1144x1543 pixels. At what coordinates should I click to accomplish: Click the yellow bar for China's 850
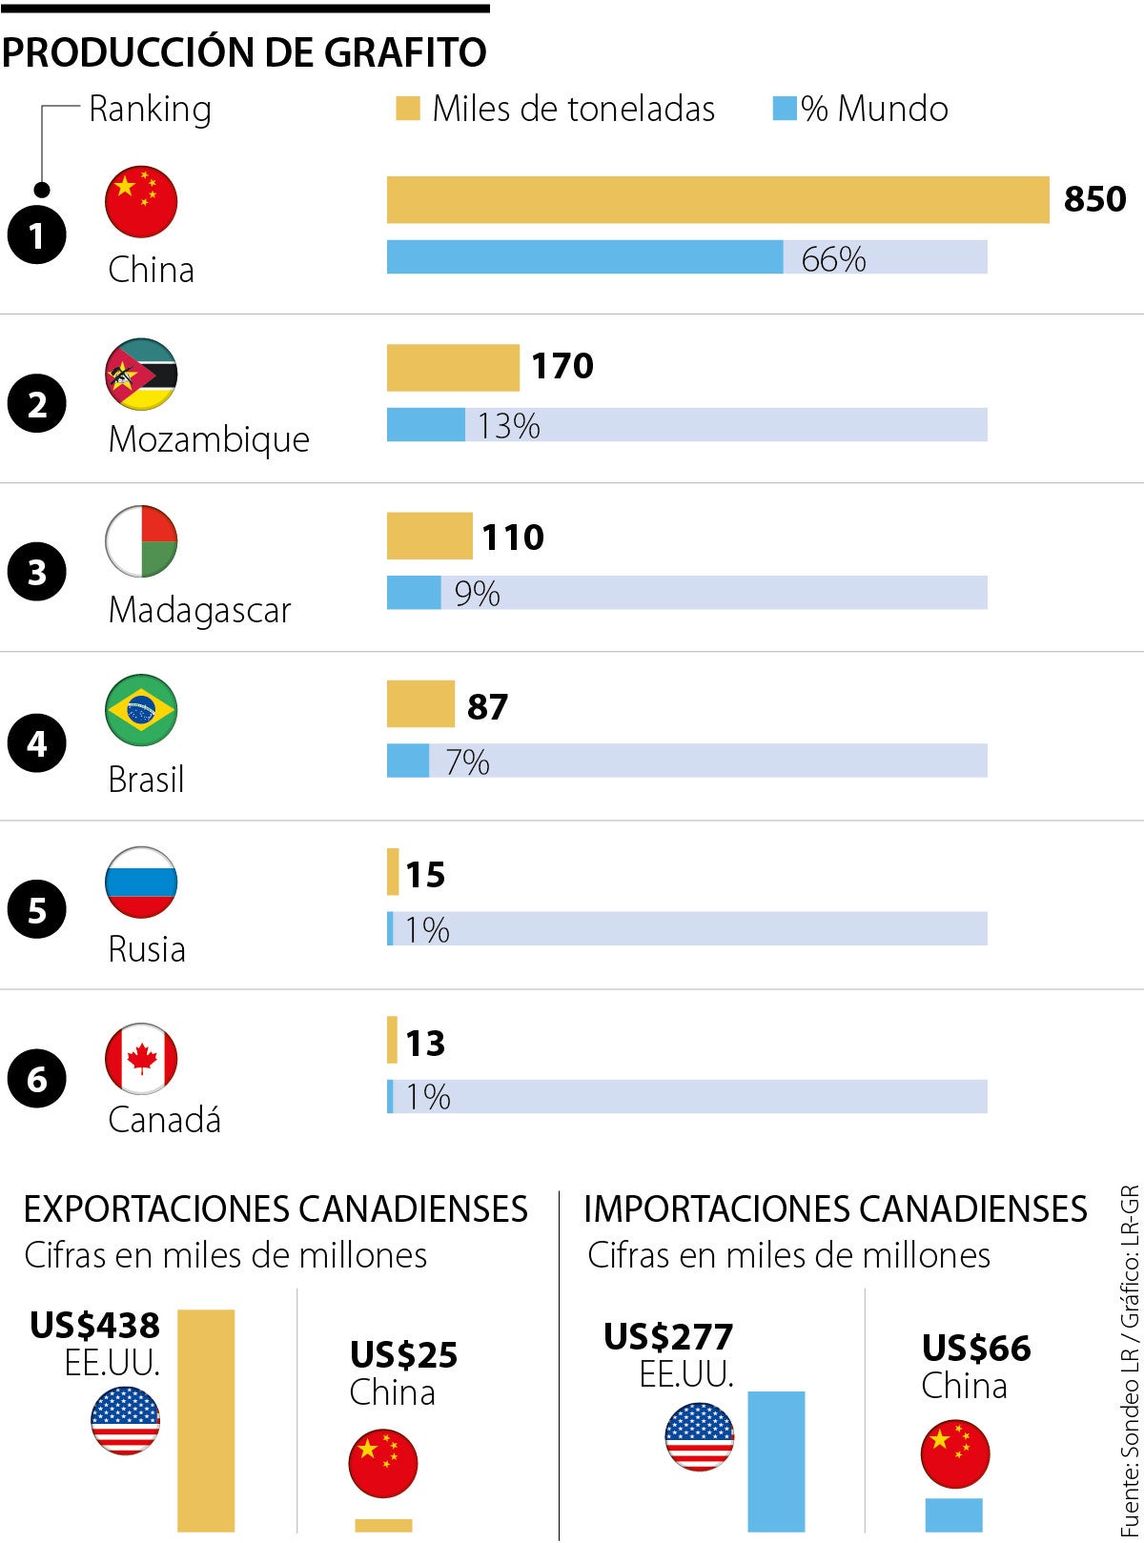pyautogui.click(x=717, y=200)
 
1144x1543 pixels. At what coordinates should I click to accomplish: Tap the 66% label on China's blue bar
pyautogui.click(x=833, y=258)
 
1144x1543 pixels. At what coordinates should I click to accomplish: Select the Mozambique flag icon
pyautogui.click(x=141, y=374)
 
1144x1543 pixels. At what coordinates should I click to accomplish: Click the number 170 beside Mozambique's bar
pyautogui.click(x=562, y=366)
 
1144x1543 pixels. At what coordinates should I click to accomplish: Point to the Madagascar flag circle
pyautogui.click(x=141, y=541)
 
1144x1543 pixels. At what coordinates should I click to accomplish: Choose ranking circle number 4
pyautogui.click(x=36, y=742)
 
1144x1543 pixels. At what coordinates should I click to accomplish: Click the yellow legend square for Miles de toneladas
pyautogui.click(x=407, y=109)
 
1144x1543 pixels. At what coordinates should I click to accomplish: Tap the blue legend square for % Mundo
pyautogui.click(x=784, y=109)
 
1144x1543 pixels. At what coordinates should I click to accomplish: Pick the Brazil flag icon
pyautogui.click(x=141, y=710)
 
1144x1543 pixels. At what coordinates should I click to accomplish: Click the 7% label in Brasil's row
pyautogui.click(x=467, y=761)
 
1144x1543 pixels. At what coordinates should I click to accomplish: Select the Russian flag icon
pyautogui.click(x=141, y=882)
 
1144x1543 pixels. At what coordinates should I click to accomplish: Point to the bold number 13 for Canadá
pyautogui.click(x=425, y=1044)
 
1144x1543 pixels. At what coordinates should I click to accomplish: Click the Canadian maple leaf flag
pyautogui.click(x=141, y=1059)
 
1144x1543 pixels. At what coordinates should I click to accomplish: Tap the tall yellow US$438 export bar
pyautogui.click(x=206, y=1420)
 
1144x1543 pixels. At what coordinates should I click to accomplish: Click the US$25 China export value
pyautogui.click(x=403, y=1354)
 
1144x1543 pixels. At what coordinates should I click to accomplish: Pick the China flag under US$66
pyautogui.click(x=955, y=1454)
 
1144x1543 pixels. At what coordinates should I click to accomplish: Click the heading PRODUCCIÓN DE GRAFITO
pyautogui.click(x=244, y=52)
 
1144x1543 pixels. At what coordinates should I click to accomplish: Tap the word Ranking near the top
pyautogui.click(x=150, y=109)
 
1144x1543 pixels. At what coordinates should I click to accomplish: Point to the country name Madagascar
pyautogui.click(x=199, y=610)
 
